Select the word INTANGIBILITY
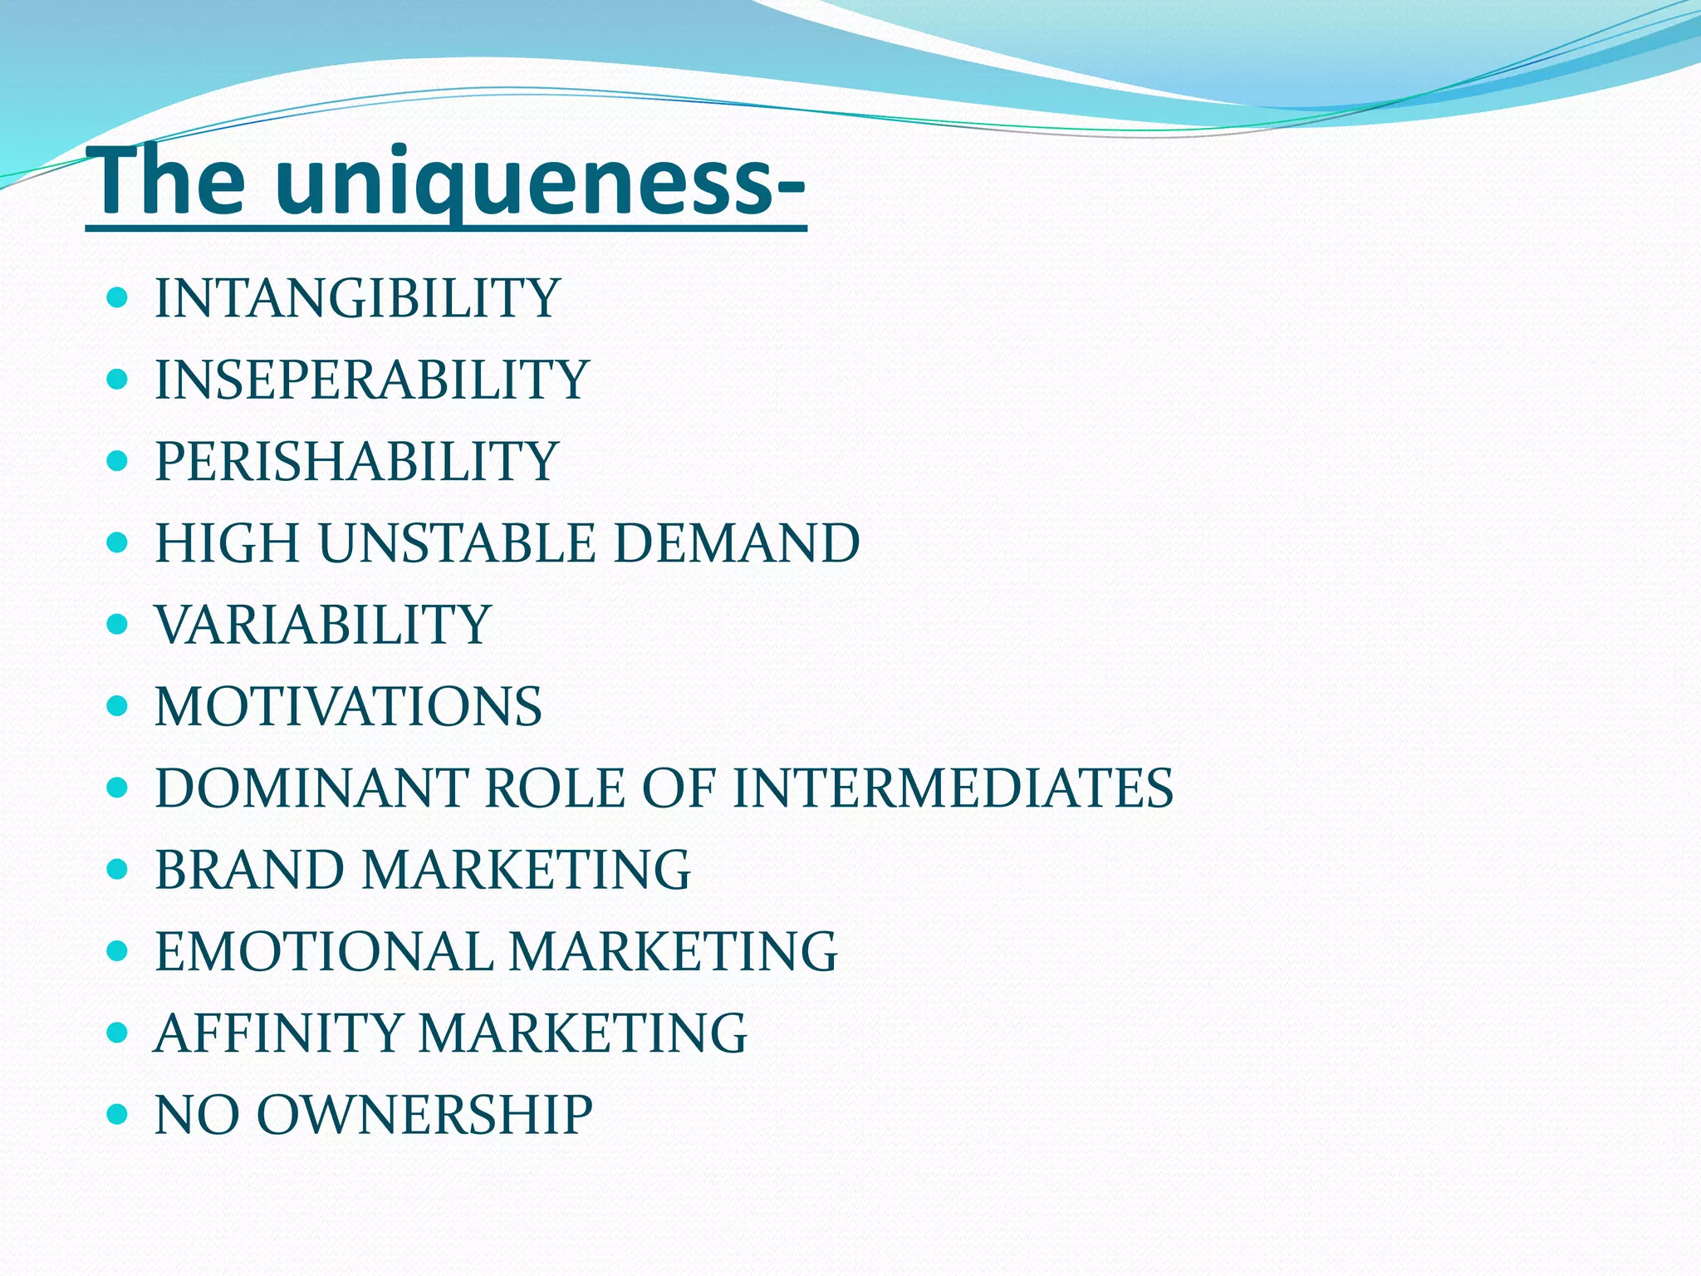pos(357,298)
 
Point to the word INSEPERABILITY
pos(372,380)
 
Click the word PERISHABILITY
pos(356,461)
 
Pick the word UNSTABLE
pos(457,543)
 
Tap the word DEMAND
pos(736,543)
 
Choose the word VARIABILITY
pos(323,625)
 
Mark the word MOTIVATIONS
pos(348,706)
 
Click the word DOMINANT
pos(311,788)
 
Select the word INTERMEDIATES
pos(953,788)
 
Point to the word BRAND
pos(249,870)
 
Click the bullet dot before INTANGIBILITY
pos(118,298)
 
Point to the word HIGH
pos(227,543)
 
